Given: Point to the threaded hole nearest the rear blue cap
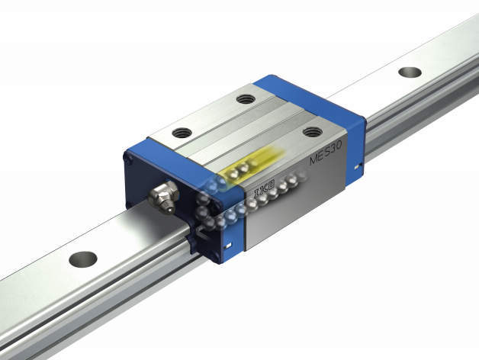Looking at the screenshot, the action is point(246,98).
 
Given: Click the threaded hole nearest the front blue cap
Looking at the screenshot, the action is point(182,133).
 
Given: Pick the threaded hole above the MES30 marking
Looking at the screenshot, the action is point(313,132).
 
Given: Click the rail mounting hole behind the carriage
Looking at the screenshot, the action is point(410,72).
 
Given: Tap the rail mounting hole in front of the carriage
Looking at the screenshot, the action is point(83,259).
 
